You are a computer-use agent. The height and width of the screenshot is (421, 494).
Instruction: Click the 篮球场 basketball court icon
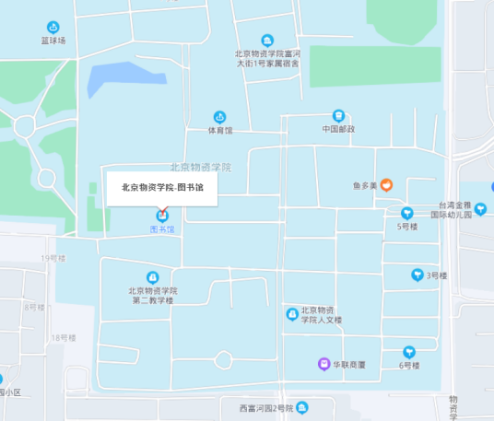pos(53,27)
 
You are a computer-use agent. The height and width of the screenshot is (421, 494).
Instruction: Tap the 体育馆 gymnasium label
pos(219,131)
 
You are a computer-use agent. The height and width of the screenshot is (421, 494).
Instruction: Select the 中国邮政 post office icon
pos(338,116)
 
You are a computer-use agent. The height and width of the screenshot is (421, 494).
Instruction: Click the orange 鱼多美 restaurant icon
pos(387,185)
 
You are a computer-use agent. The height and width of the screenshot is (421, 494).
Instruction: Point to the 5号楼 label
pos(407,226)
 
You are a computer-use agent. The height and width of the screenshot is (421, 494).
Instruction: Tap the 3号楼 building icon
pos(416,275)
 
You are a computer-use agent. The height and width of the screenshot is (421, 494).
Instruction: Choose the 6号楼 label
pos(409,366)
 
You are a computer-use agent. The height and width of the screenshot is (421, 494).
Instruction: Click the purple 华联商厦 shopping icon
pos(323,364)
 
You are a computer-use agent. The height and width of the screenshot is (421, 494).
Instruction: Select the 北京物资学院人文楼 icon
pos(292,314)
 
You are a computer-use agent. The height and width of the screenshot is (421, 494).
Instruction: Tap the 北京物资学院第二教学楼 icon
pos(153,277)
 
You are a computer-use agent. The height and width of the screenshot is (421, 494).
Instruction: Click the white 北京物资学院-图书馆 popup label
pos(162,187)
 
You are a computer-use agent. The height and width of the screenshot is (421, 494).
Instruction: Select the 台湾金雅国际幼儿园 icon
pos(480,208)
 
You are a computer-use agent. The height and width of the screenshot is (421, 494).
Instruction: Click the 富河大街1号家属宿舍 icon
pos(267,41)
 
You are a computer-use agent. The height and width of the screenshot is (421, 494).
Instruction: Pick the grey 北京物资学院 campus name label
pos(200,168)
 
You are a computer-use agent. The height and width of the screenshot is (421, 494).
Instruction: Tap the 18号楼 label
pos(63,338)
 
